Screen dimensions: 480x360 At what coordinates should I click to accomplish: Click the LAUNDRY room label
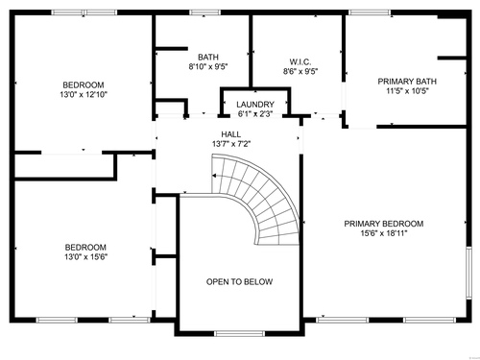pyautogui.click(x=255, y=105)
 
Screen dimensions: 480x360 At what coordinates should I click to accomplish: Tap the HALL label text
pyautogui.click(x=231, y=134)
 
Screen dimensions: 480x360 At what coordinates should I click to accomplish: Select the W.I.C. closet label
pyautogui.click(x=300, y=61)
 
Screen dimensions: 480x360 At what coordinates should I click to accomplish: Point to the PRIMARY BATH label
pyautogui.click(x=407, y=82)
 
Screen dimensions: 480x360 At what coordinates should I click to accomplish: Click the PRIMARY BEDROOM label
pyautogui.click(x=384, y=224)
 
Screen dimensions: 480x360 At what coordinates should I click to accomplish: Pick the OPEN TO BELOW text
pyautogui.click(x=239, y=281)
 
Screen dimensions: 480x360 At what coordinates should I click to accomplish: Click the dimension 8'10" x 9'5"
pyautogui.click(x=208, y=67)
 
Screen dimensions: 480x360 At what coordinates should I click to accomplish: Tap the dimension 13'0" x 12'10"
pyautogui.click(x=84, y=94)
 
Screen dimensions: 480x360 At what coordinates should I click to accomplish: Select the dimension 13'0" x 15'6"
pyautogui.click(x=85, y=256)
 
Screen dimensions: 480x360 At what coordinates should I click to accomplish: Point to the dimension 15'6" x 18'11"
pyautogui.click(x=384, y=233)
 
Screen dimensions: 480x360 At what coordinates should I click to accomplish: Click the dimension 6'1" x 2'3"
pyautogui.click(x=255, y=114)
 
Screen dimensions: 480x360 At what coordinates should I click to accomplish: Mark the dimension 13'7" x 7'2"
pyautogui.click(x=231, y=144)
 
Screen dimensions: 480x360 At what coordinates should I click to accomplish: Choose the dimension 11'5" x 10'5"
pyautogui.click(x=407, y=91)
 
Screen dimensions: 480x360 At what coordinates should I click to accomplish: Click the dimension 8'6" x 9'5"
pyautogui.click(x=300, y=71)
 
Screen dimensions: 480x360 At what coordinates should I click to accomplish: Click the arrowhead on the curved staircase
pyautogui.click(x=214, y=176)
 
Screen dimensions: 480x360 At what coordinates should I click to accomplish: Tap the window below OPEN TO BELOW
pyautogui.click(x=239, y=333)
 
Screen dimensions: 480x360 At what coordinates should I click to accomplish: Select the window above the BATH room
pyautogui.click(x=204, y=12)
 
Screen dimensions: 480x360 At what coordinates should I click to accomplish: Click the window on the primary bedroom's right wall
pyautogui.click(x=468, y=273)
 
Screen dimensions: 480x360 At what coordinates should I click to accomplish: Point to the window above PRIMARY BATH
pyautogui.click(x=370, y=12)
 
